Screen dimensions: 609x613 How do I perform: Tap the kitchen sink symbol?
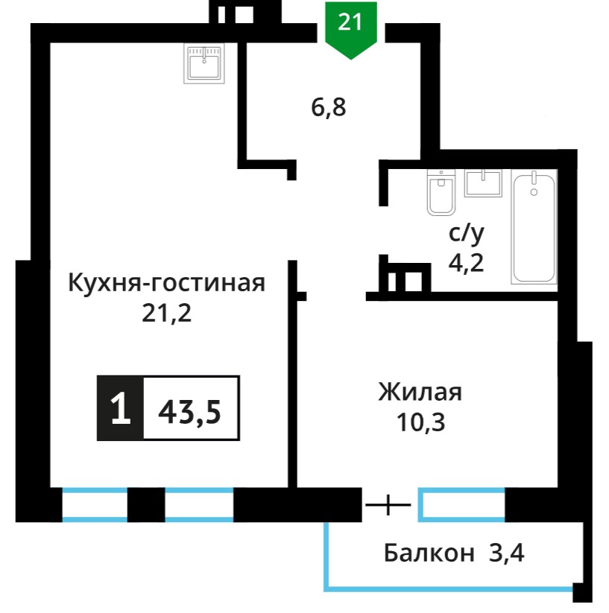pos(204,63)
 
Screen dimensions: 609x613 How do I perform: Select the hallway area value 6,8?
pos(329,107)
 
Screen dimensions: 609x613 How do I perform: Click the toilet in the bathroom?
pos(441,192)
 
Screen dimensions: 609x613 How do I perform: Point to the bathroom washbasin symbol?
pos(483,183)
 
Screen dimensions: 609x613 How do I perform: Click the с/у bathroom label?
pos(466,233)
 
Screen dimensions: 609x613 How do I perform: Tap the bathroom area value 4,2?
pos(466,263)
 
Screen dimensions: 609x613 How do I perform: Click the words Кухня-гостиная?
pos(167,282)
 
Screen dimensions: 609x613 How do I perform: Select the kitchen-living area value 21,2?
pos(167,313)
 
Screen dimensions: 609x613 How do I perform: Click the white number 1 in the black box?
pos(121,408)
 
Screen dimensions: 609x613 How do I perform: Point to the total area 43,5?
pos(189,413)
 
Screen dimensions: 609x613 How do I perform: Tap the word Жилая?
pos(420,392)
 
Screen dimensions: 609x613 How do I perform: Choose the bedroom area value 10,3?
pos(421,422)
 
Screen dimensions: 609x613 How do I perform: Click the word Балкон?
pos(429,553)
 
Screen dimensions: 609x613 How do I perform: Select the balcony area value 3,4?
pos(507,553)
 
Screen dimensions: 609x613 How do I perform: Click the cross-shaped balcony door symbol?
pos(388,505)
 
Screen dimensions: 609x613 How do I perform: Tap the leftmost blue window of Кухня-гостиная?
pos(95,505)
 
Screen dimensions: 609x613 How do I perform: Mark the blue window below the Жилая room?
pos(461,505)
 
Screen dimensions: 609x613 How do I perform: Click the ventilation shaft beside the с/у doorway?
pos(405,278)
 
